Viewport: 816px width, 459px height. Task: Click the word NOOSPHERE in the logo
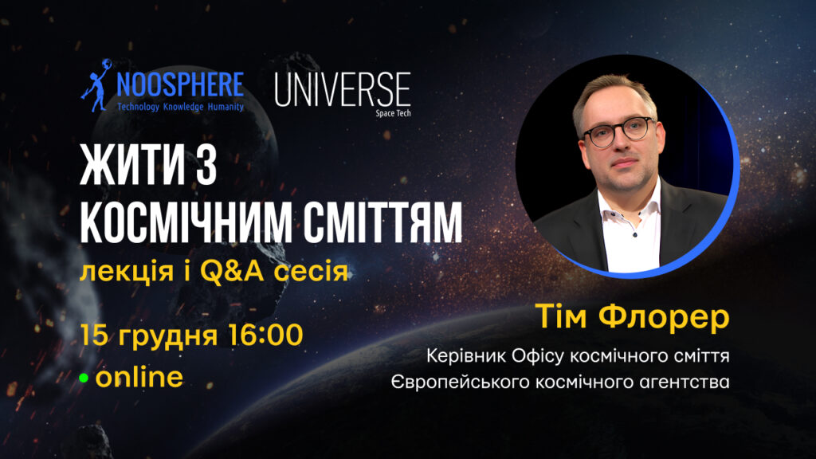(179, 84)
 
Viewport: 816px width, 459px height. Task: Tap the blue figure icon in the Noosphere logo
(96, 85)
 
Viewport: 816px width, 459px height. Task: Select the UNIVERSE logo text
(343, 89)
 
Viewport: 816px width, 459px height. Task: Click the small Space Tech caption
(393, 113)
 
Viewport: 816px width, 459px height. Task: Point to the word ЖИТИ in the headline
(133, 166)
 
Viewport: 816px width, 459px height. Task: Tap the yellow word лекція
(127, 272)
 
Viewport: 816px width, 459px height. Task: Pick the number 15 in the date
(94, 335)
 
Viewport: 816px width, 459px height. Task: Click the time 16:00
(265, 335)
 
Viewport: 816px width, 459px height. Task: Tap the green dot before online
(84, 379)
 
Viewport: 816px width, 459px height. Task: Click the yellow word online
(139, 377)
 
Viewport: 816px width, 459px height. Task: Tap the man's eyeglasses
(618, 131)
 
